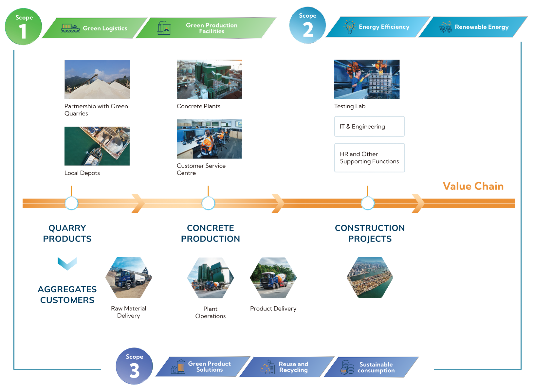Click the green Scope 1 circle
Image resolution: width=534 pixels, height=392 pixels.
[x=23, y=27]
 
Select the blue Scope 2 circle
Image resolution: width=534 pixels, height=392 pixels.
[x=307, y=25]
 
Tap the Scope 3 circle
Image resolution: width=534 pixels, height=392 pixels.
[x=134, y=366]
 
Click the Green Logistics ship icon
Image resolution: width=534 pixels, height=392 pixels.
[x=70, y=28]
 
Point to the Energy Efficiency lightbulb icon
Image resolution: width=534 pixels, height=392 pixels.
[x=350, y=27]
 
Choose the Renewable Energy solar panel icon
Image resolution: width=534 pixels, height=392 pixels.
[x=446, y=27]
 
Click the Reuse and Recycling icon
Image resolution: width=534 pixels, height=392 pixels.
[x=268, y=367]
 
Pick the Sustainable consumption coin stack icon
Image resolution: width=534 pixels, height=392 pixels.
[x=347, y=367]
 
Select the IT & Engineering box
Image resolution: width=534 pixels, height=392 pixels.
[x=369, y=126]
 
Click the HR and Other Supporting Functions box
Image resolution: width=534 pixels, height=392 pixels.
[x=369, y=158]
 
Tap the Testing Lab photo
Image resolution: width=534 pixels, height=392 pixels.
[x=367, y=79]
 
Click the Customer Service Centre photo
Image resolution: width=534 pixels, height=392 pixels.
[x=209, y=139]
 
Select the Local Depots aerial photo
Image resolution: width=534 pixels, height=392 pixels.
[x=97, y=146]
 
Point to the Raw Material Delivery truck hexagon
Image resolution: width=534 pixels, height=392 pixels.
[x=128, y=277]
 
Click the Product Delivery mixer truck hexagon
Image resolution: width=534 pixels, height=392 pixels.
[x=273, y=277]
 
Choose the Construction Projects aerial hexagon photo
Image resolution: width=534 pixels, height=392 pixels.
[x=370, y=277]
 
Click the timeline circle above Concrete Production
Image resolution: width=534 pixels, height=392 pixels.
[x=208, y=203]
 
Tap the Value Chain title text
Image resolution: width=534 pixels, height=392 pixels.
[x=473, y=186]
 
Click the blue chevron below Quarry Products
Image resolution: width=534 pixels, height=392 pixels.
[x=67, y=263]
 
